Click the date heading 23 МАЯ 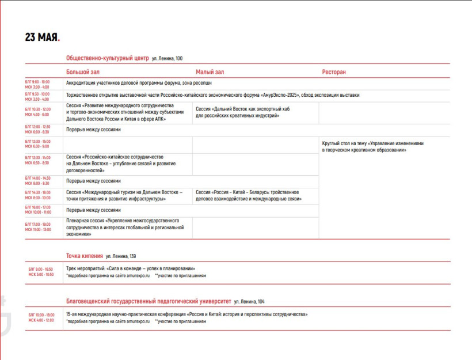click(x=42, y=37)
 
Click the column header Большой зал click(x=83, y=72)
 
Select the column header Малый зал click(x=210, y=72)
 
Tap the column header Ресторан click(x=334, y=72)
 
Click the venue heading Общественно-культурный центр click(x=108, y=58)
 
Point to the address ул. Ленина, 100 click(x=168, y=59)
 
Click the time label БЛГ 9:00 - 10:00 click(x=37, y=81)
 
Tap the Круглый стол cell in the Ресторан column click(x=372, y=146)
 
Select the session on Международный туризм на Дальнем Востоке click(x=124, y=195)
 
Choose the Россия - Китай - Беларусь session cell click(x=247, y=195)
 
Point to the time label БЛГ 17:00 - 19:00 click(x=37, y=224)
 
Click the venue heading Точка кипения click(x=85, y=256)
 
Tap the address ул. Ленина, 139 click(x=121, y=256)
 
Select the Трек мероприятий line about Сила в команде click(x=131, y=268)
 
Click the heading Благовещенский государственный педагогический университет click(x=149, y=301)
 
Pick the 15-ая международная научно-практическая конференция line click(x=187, y=314)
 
